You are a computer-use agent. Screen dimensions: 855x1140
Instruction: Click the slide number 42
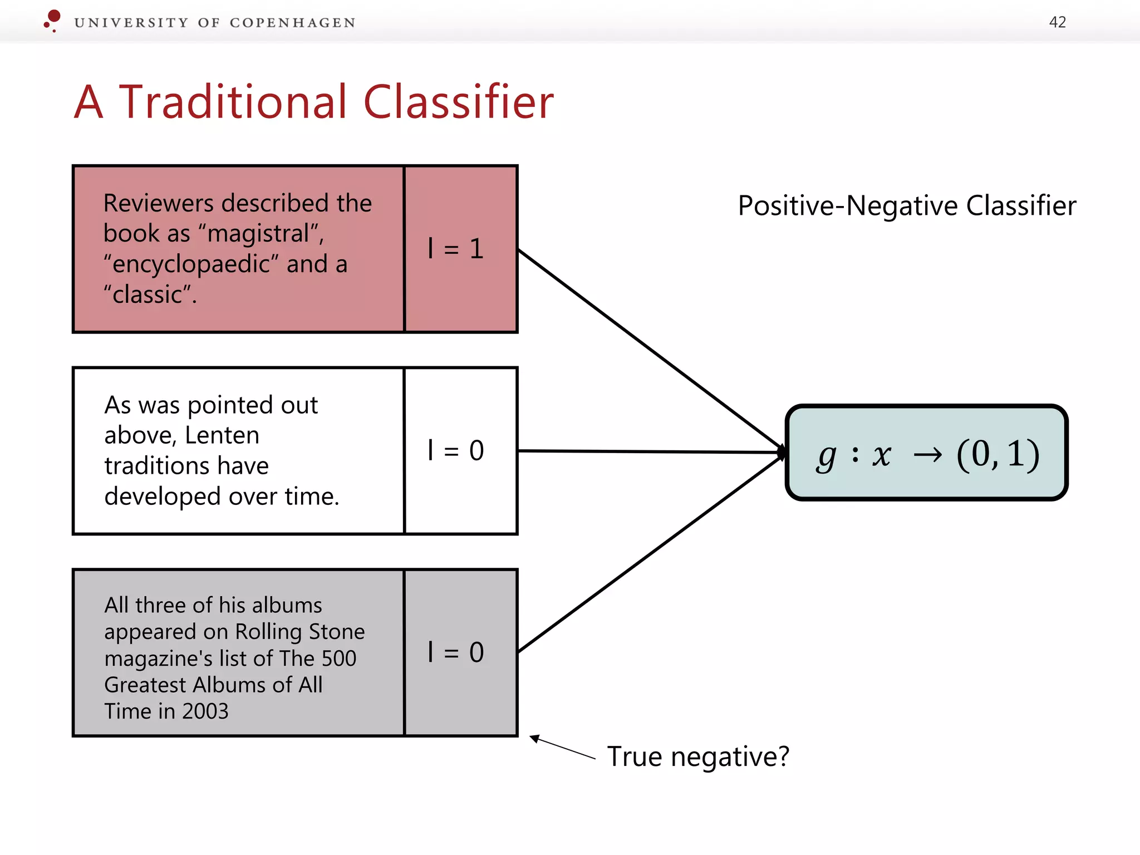(x=1057, y=22)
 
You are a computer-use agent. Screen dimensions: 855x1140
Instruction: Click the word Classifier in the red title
(x=458, y=102)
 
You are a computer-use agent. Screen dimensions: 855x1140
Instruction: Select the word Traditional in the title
(x=233, y=102)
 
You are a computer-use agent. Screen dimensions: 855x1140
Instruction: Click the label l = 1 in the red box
(x=456, y=248)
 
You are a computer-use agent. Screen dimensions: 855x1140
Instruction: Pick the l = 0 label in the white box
(x=456, y=450)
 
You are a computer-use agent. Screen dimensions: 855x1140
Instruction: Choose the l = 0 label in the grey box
(x=456, y=652)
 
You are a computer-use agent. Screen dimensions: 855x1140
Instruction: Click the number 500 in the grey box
(x=338, y=659)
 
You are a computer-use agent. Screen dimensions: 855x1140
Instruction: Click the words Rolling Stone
(x=299, y=632)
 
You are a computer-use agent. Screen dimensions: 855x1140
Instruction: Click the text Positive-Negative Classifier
(x=906, y=205)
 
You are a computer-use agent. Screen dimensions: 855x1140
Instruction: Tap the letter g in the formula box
(x=826, y=456)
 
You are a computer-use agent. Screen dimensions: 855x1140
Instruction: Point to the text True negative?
(x=698, y=756)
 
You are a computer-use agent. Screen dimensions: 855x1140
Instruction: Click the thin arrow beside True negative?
(x=562, y=748)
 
